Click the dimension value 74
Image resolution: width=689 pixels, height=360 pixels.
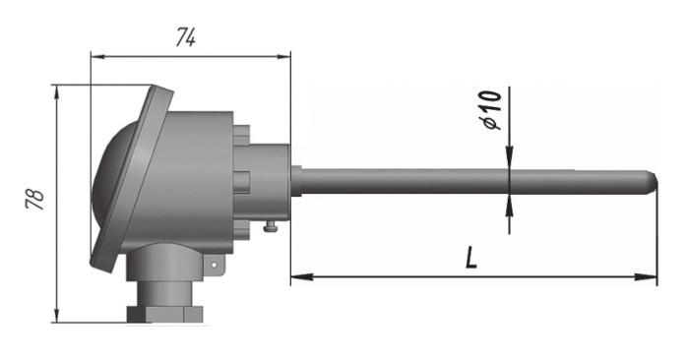[186, 37]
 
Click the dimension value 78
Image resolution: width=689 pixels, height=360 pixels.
[35, 200]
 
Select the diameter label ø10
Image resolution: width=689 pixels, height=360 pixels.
[492, 110]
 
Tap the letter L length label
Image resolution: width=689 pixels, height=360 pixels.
[471, 258]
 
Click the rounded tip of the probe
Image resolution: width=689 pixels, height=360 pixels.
[653, 182]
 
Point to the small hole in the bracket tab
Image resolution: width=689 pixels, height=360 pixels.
[214, 265]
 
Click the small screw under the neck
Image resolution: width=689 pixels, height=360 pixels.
[271, 226]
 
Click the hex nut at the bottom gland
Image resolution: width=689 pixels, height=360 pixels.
[164, 314]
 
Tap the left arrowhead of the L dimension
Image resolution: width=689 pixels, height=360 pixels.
[301, 276]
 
